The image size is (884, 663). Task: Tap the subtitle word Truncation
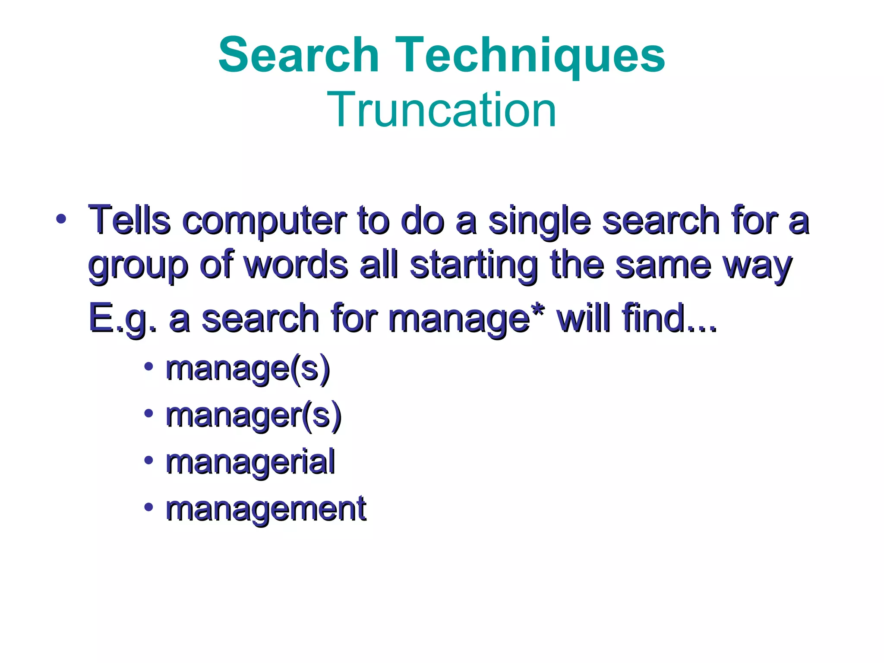(x=442, y=110)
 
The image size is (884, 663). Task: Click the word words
(x=296, y=265)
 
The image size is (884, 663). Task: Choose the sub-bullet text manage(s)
(x=248, y=369)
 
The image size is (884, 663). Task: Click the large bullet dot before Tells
(x=61, y=219)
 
